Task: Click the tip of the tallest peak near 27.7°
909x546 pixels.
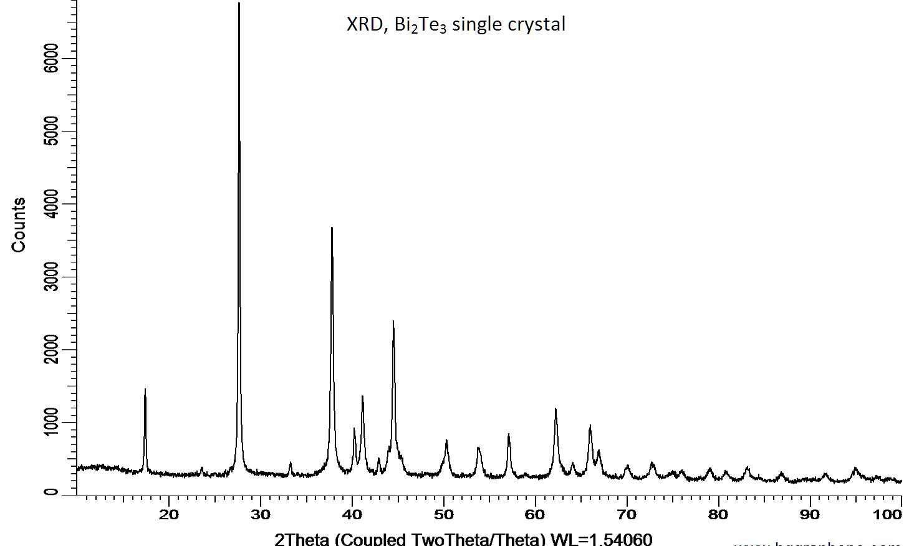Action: (239, 4)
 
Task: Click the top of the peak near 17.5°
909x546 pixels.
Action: (145, 390)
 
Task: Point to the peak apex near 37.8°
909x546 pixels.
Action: (332, 228)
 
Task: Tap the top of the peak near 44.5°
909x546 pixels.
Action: (393, 322)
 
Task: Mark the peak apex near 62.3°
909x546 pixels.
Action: (555, 410)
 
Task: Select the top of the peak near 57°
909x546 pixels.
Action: (509, 434)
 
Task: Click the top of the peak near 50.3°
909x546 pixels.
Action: (446, 441)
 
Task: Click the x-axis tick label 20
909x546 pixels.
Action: (169, 514)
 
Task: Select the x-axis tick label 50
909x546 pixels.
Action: (443, 514)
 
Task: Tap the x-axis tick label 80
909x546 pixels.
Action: (718, 514)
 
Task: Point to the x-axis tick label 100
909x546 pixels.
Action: (888, 514)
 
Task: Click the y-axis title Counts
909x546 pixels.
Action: (19, 225)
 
